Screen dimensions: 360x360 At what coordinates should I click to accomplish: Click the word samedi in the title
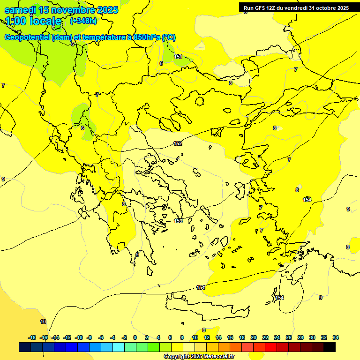(19, 10)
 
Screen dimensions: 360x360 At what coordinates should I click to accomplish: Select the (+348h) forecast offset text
(83, 21)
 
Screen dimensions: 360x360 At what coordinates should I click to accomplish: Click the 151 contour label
(178, 57)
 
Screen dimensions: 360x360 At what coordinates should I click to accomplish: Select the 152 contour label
(178, 143)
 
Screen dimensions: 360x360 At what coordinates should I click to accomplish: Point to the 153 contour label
(178, 221)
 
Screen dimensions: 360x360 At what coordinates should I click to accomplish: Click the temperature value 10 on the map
(43, 322)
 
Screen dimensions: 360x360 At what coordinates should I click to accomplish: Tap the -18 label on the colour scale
(32, 337)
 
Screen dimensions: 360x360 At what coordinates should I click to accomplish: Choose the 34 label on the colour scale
(336, 337)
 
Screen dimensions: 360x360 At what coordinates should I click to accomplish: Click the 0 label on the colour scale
(135, 337)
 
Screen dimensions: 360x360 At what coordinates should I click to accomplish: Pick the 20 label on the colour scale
(254, 337)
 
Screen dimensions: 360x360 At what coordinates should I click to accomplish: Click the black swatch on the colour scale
(330, 347)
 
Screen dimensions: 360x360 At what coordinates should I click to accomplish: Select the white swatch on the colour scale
(189, 347)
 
